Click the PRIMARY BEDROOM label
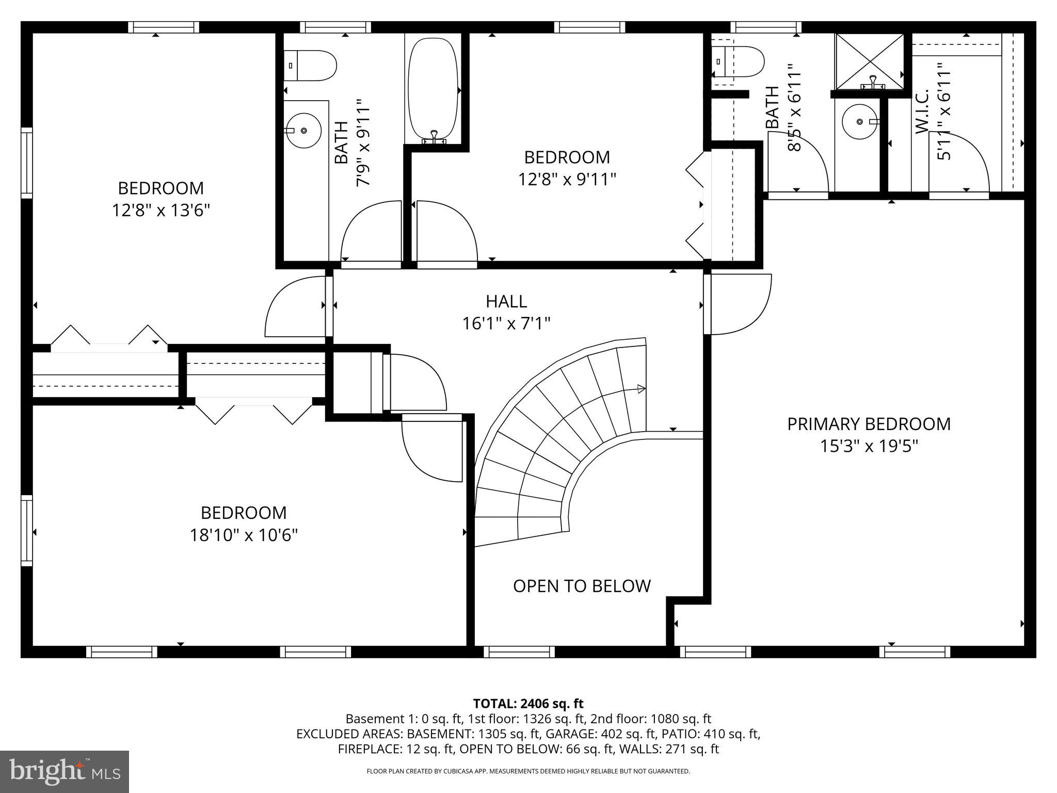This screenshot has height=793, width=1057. click(869, 424)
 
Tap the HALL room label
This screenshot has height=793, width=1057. click(506, 301)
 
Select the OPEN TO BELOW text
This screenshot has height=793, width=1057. click(582, 586)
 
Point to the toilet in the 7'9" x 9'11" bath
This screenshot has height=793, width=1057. click(311, 66)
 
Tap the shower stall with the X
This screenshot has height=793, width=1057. click(870, 61)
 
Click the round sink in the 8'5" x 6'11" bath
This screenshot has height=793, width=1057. click(860, 122)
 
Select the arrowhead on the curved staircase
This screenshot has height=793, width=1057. click(642, 389)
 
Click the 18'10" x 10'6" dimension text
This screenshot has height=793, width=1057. click(244, 535)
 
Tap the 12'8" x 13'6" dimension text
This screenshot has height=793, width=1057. click(161, 211)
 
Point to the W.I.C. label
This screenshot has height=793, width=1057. click(922, 112)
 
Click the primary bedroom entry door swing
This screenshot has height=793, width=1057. click(743, 305)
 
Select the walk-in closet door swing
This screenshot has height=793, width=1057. click(960, 163)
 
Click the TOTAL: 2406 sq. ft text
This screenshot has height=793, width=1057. click(528, 703)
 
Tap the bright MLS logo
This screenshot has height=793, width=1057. click(65, 771)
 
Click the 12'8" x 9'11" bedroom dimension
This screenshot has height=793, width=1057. click(567, 180)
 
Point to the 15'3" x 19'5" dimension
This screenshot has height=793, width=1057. click(869, 446)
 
